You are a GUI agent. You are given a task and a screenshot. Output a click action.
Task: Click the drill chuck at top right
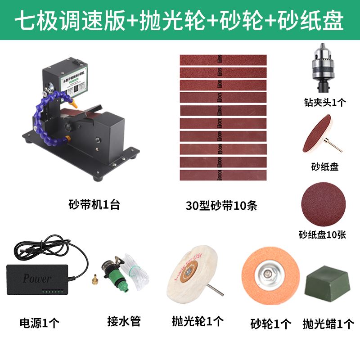point(324,72)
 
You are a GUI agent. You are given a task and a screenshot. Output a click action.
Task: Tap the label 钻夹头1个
point(325,102)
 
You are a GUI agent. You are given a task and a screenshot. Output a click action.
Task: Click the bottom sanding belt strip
point(224,175)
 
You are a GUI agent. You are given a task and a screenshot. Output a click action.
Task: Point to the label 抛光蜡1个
point(328,323)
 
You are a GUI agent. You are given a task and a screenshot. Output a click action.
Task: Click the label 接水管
point(124,321)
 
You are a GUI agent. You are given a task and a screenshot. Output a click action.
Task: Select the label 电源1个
point(40,322)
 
